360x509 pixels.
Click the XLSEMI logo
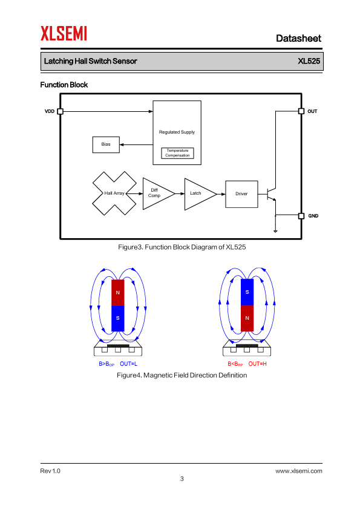[x=64, y=33]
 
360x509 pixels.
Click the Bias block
[x=106, y=144]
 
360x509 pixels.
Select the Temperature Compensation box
[x=177, y=153]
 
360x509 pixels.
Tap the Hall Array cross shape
[x=114, y=193]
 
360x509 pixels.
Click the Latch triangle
[x=200, y=194]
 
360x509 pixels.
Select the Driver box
[x=241, y=194]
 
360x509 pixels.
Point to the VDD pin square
[x=60, y=111]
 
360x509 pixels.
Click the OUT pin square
[x=301, y=111]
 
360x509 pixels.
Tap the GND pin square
[x=301, y=216]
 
